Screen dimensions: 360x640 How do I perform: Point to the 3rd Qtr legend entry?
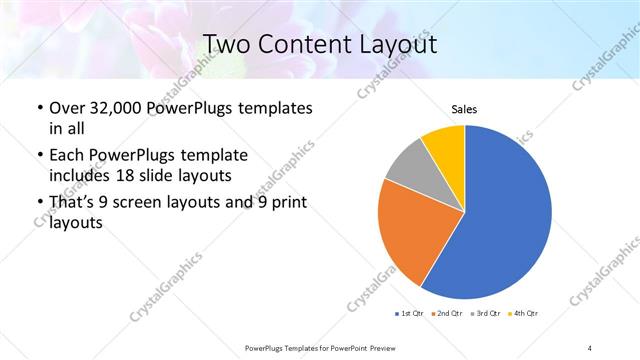[486, 313]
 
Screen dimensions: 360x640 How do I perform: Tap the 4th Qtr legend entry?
[524, 313]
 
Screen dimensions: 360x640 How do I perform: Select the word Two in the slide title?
[227, 44]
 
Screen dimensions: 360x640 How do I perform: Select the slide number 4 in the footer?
[590, 348]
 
